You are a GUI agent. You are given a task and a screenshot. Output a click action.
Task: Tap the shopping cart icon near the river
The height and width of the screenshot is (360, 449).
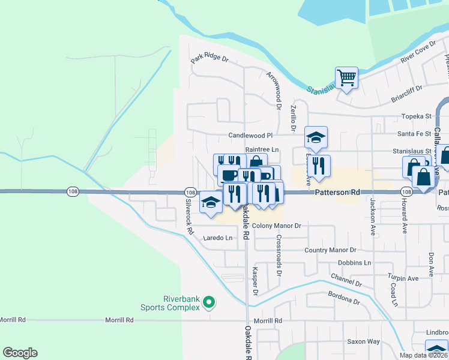click(x=346, y=77)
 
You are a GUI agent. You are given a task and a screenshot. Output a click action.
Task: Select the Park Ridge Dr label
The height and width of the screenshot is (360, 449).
click(x=210, y=59)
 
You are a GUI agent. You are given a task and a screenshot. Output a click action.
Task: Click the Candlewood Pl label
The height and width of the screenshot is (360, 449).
click(x=250, y=136)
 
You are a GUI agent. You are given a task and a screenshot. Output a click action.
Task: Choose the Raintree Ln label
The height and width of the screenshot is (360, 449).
click(x=262, y=149)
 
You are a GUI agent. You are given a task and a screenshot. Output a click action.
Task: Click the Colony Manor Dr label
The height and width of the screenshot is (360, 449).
click(x=276, y=226)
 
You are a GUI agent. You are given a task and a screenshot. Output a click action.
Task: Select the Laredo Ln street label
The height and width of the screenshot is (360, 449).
click(x=217, y=238)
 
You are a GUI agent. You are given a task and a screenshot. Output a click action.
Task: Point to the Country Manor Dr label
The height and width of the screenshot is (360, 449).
click(x=330, y=250)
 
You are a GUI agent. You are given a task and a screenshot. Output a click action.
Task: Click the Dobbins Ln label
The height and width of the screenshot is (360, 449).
click(x=354, y=263)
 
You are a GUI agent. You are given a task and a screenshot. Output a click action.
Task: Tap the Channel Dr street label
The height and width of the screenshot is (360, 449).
click(x=346, y=280)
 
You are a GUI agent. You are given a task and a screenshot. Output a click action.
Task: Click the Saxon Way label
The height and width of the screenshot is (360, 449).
click(x=363, y=341)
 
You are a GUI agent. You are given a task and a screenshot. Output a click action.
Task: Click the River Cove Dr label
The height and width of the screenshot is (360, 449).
click(x=418, y=54)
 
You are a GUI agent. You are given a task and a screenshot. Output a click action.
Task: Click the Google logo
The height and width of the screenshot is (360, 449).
click(x=20, y=353)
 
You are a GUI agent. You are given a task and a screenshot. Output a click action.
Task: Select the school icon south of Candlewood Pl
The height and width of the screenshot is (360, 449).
click(x=316, y=137)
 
